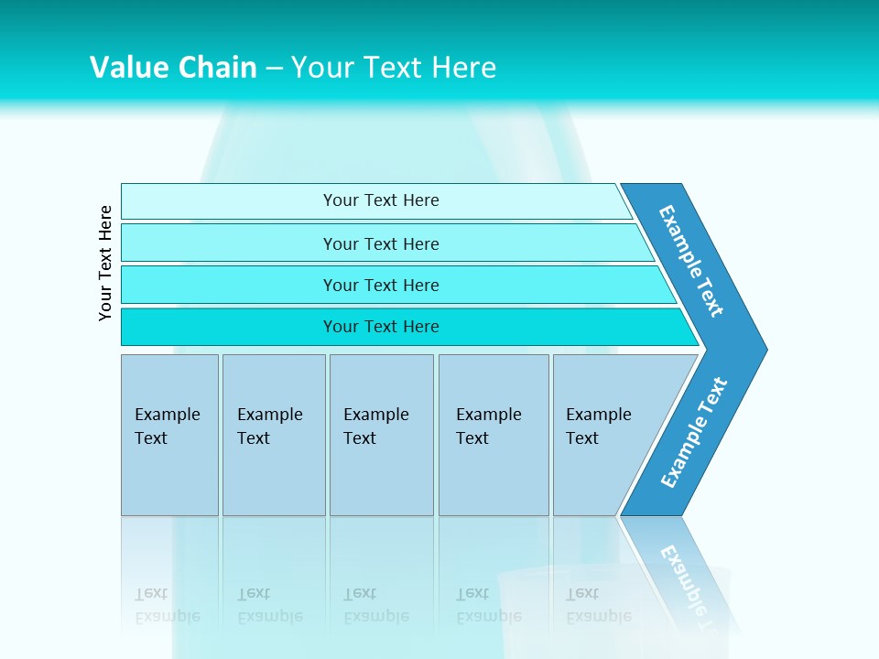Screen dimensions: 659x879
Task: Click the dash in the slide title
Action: click(274, 69)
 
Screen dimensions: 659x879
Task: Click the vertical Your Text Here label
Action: click(105, 263)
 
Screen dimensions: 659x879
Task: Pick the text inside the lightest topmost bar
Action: click(381, 200)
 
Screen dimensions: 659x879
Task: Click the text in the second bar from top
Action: click(381, 244)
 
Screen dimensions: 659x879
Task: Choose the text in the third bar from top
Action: click(381, 286)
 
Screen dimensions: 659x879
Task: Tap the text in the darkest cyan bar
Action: click(381, 327)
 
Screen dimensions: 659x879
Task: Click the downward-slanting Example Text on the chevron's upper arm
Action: click(691, 261)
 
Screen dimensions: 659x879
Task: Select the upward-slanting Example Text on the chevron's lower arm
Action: click(694, 433)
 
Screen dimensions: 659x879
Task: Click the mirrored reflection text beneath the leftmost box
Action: click(167, 605)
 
